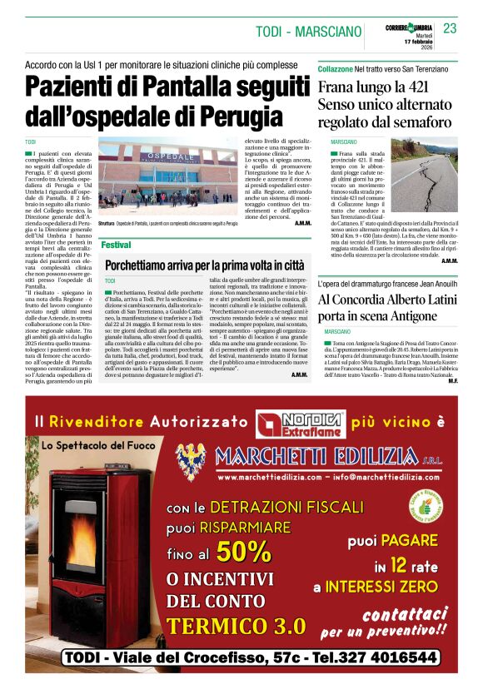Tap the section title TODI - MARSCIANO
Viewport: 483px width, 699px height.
pyautogui.click(x=309, y=32)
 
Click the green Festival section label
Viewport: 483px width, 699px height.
pyautogui.click(x=116, y=245)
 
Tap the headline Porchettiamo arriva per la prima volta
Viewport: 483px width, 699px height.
pyautogui.click(x=204, y=265)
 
